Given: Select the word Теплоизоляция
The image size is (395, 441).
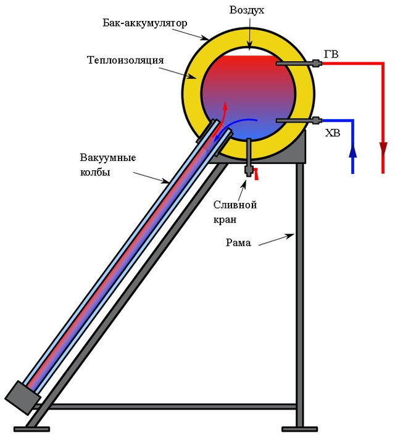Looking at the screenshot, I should coord(125,60).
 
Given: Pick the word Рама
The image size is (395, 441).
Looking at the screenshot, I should coord(238,242).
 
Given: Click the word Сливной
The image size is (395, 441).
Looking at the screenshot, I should coord(235,205).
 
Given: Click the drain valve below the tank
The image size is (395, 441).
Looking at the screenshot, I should coord(249,168).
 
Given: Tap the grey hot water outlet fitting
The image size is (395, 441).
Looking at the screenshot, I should coord(317,63).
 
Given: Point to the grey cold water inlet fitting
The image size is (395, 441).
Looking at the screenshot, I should coord(317,120).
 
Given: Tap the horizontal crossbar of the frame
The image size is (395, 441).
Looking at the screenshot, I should coord(173,406).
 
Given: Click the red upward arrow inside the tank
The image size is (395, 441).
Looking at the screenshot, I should coord(225,111).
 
